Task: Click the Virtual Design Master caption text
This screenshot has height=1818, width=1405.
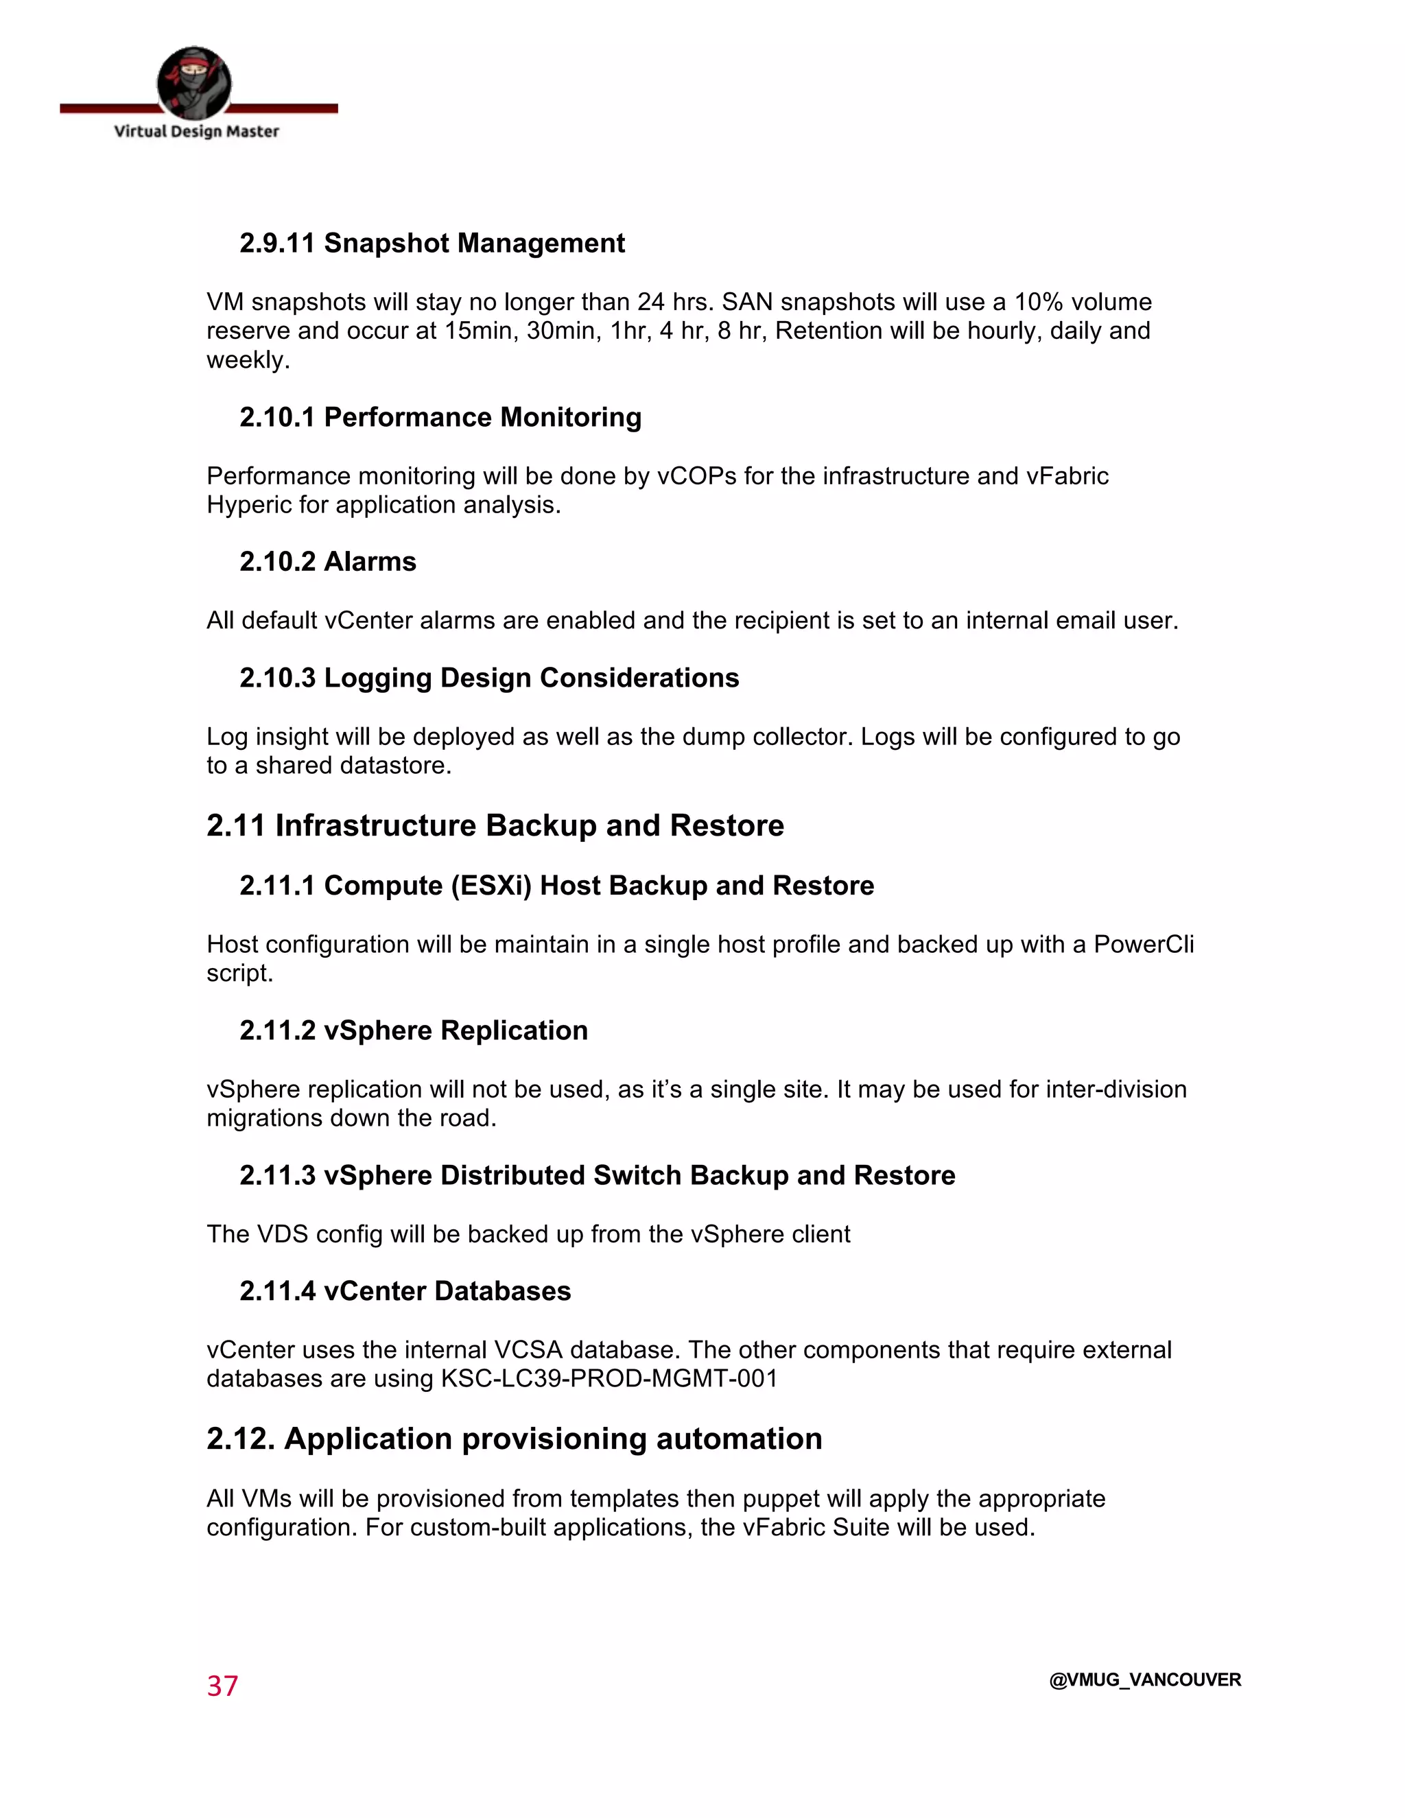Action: pos(196,132)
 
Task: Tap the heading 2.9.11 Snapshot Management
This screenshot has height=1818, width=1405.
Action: pos(432,243)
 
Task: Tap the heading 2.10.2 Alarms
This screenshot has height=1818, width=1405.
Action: pos(328,562)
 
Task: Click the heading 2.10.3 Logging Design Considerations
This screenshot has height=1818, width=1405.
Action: pos(489,678)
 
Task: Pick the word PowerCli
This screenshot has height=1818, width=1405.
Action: pos(1143,944)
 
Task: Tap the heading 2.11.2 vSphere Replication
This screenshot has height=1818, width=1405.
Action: pos(414,1030)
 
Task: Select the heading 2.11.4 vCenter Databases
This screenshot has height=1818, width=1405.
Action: pos(405,1291)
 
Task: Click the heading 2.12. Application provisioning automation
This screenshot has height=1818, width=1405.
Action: pos(515,1439)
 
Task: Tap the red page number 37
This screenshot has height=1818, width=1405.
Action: pos(222,1686)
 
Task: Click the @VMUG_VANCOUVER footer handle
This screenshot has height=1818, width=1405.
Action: pos(1144,1680)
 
